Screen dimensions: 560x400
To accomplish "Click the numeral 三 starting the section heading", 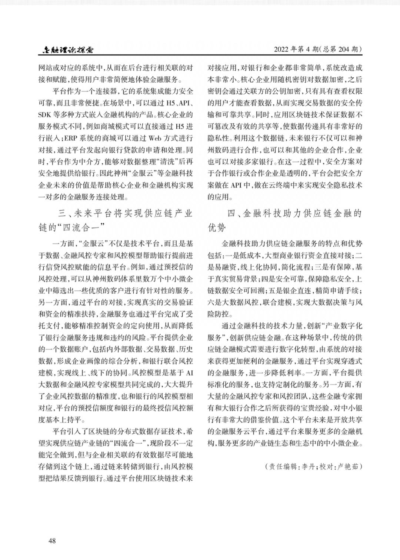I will pyautogui.click(x=63, y=214).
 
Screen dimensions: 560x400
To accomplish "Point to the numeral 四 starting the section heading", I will pyautogui.click(x=231, y=214).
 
